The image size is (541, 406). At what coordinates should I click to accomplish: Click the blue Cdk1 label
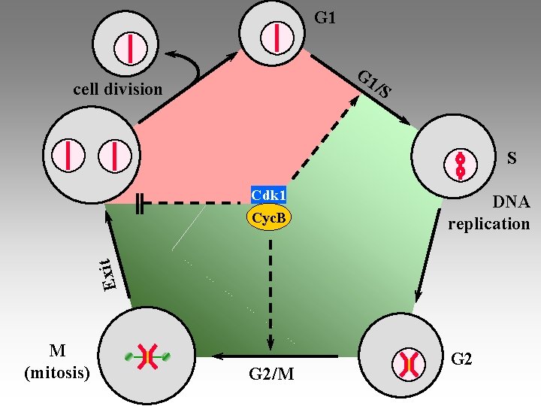pos(269,195)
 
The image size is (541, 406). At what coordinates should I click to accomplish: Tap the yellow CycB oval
pos(269,218)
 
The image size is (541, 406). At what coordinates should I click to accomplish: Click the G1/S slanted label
pos(375,84)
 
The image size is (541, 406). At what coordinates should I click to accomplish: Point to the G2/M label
pos(270,373)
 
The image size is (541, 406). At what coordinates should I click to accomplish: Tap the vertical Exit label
pos(109,274)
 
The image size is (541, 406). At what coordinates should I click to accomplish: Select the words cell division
pos(117,89)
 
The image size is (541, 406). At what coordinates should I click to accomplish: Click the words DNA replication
pos(489,213)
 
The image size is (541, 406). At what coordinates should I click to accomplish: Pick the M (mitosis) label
pos(57,361)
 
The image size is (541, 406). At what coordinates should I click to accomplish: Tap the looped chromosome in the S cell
pos(460,165)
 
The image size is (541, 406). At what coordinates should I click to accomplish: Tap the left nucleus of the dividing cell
pos(68,155)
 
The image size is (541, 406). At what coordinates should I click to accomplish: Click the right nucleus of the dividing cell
pos(114,155)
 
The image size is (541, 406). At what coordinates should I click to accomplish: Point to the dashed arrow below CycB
pos(269,286)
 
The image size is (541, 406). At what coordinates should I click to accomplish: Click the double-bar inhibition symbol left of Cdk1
pos(141,203)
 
